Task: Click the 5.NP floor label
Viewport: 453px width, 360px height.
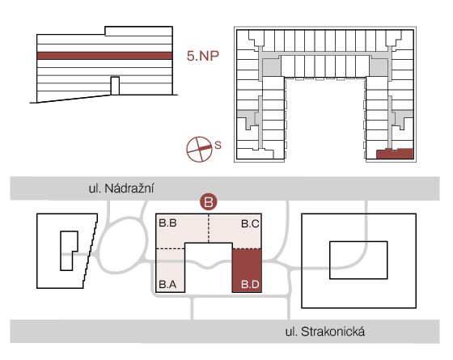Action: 203,56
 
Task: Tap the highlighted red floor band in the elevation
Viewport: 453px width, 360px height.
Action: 104,56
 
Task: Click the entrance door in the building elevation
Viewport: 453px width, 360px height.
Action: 115,86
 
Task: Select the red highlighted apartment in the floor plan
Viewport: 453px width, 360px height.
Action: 395,154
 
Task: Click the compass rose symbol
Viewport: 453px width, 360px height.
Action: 199,149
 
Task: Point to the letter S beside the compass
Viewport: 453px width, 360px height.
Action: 218,145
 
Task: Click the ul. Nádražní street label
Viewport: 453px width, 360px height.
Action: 121,188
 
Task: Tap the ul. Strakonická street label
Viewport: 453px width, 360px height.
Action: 325,332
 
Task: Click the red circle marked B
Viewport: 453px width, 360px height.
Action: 209,201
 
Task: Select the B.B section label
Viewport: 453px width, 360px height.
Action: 168,223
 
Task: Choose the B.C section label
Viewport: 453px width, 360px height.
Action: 250,223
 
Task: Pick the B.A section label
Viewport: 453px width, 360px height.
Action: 168,285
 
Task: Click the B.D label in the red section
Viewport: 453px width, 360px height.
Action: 250,285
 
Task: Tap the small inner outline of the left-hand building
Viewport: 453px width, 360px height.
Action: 61,251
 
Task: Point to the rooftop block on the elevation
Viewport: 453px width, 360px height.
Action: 138,31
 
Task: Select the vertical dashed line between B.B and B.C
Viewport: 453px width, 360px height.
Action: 209,228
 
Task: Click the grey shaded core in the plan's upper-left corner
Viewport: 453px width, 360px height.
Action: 271,68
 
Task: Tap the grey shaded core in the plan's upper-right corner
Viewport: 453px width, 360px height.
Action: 379,68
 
